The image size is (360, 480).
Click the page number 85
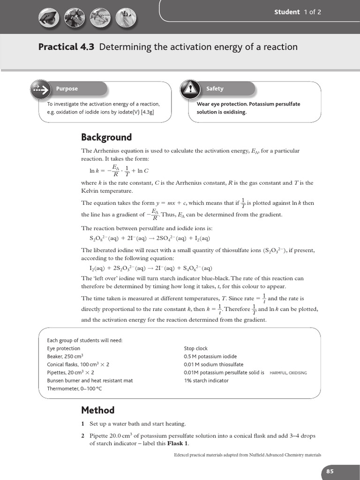click(330, 472)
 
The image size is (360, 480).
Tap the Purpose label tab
click(67, 89)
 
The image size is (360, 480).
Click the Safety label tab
click(215, 89)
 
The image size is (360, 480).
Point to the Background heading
click(106, 137)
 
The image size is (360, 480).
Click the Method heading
click(97, 410)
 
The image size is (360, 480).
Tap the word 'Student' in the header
click(287, 12)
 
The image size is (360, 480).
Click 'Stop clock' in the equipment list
click(196, 349)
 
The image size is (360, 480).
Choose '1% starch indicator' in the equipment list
click(206, 381)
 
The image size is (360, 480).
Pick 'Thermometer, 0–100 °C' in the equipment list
click(75, 389)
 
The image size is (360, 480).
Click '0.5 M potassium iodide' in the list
click(210, 357)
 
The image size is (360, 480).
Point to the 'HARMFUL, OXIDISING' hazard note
click(288, 373)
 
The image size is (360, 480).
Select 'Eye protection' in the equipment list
click(64, 349)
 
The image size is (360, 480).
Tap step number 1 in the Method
click(83, 424)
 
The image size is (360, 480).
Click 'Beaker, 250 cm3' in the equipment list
click(65, 357)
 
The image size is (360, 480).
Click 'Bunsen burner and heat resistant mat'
click(90, 381)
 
